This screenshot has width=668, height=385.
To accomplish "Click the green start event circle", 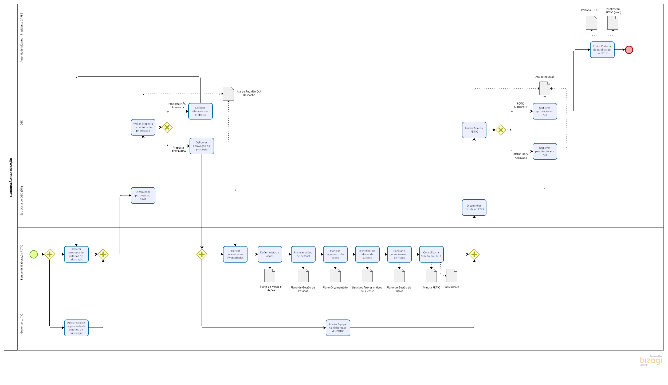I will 34,254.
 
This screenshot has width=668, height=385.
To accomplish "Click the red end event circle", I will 629,50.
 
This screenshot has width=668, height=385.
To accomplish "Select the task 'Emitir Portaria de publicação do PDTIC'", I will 602,50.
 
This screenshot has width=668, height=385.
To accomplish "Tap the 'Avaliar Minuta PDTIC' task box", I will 474,130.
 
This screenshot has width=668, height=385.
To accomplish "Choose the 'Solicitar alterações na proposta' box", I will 200,111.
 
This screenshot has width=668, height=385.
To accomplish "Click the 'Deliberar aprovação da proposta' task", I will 202,146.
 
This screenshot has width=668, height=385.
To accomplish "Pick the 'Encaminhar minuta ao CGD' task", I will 474,207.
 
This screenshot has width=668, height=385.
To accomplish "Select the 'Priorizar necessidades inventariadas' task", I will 235,254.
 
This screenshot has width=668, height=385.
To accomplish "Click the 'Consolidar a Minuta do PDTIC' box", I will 431,254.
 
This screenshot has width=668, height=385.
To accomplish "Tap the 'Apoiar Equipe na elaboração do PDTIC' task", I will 338,328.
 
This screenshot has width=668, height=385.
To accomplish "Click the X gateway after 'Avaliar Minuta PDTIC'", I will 501,130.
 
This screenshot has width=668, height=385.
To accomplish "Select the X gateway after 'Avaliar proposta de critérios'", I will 167,127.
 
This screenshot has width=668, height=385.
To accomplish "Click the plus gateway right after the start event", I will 50,254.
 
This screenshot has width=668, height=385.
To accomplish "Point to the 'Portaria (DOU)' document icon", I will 591,23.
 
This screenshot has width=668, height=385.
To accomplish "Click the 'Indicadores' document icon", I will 451,276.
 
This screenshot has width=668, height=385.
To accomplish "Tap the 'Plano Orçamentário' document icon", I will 335,276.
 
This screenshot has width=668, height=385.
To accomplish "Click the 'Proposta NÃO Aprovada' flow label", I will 178,106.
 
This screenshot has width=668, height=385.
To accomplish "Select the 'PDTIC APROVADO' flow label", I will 521,105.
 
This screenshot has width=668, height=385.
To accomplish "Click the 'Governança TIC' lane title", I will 22,324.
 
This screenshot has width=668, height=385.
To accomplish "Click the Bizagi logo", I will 651,361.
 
